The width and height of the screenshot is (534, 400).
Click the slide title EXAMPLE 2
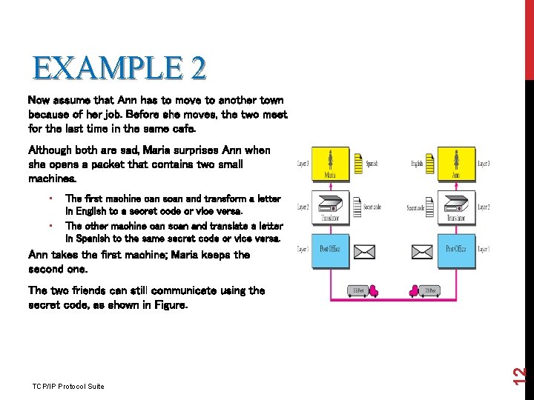coord(119,68)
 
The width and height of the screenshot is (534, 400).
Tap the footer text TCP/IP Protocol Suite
coord(68,386)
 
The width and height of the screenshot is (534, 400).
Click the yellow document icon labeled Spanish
coord(359,163)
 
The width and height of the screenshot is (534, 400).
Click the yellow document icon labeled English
coord(429,163)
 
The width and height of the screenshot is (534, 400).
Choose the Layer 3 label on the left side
coord(304,162)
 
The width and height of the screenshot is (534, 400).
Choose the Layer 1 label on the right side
coord(484,250)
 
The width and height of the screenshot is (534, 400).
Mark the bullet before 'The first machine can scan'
coord(48,199)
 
